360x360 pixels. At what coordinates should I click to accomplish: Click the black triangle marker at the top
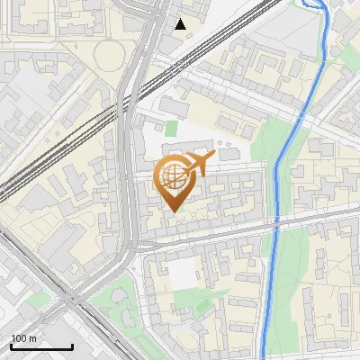point(181,24)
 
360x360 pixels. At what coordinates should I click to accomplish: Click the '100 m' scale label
point(23,338)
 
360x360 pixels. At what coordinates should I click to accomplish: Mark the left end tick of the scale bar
point(11,346)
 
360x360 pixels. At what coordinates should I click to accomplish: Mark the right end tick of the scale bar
point(73,346)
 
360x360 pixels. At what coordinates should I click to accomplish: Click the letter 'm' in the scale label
point(32,338)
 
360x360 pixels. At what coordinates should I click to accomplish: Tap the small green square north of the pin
point(171,130)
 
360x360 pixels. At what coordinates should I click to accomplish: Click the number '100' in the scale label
point(19,338)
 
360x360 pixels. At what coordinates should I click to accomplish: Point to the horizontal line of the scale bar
point(41,347)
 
